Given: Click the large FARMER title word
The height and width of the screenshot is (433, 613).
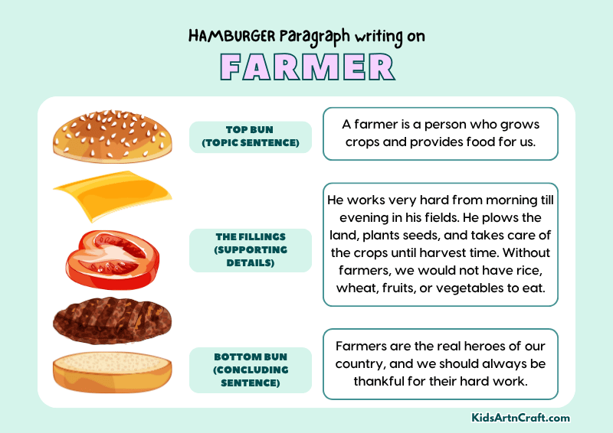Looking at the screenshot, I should (x=306, y=68).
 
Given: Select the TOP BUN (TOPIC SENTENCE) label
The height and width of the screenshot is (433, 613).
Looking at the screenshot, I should (x=250, y=136).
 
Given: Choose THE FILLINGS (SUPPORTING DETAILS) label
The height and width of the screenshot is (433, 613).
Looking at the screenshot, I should (x=250, y=249).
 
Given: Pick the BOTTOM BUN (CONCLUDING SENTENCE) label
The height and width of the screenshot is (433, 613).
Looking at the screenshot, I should (x=250, y=370).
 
